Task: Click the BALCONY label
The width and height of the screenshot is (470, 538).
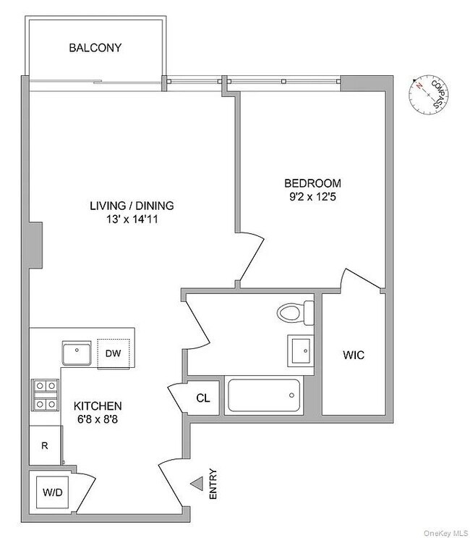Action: pyautogui.click(x=95, y=49)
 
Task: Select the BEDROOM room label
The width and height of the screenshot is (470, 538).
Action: pyautogui.click(x=312, y=183)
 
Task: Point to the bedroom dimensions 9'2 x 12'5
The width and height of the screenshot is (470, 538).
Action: pyautogui.click(x=312, y=196)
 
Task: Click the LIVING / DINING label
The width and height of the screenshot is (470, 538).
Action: pyautogui.click(x=132, y=206)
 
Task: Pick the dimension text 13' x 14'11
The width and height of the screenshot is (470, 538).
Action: pyautogui.click(x=132, y=219)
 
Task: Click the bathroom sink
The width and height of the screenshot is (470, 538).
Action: pyautogui.click(x=300, y=351)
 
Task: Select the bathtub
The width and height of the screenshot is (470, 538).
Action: pyautogui.click(x=263, y=396)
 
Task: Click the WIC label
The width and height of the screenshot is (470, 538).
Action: pyautogui.click(x=353, y=356)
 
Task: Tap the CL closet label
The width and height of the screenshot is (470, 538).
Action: pyautogui.click(x=203, y=398)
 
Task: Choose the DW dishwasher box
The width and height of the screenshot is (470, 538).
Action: pyautogui.click(x=113, y=353)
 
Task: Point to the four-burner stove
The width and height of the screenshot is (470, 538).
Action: pyautogui.click(x=44, y=395)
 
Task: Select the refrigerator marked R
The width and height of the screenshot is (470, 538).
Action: pyautogui.click(x=44, y=445)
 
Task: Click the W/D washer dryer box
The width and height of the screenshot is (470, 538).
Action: pyautogui.click(x=51, y=493)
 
